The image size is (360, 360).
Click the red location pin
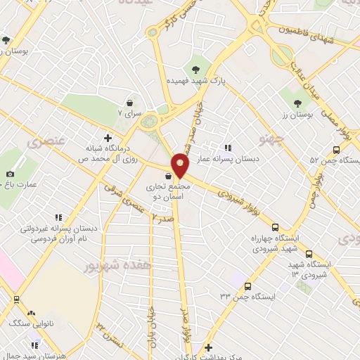(x=181, y=167)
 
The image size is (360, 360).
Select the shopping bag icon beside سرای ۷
(x=129, y=103)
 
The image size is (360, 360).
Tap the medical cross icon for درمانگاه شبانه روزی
(x=108, y=138)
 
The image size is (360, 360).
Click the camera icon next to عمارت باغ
(x=10, y=174)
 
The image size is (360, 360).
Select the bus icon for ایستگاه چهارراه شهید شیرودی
(x=275, y=228)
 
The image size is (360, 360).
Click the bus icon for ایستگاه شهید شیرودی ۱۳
(x=309, y=255)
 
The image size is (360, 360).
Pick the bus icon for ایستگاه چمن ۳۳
(x=247, y=286)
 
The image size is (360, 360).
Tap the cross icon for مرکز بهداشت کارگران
(x=208, y=347)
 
